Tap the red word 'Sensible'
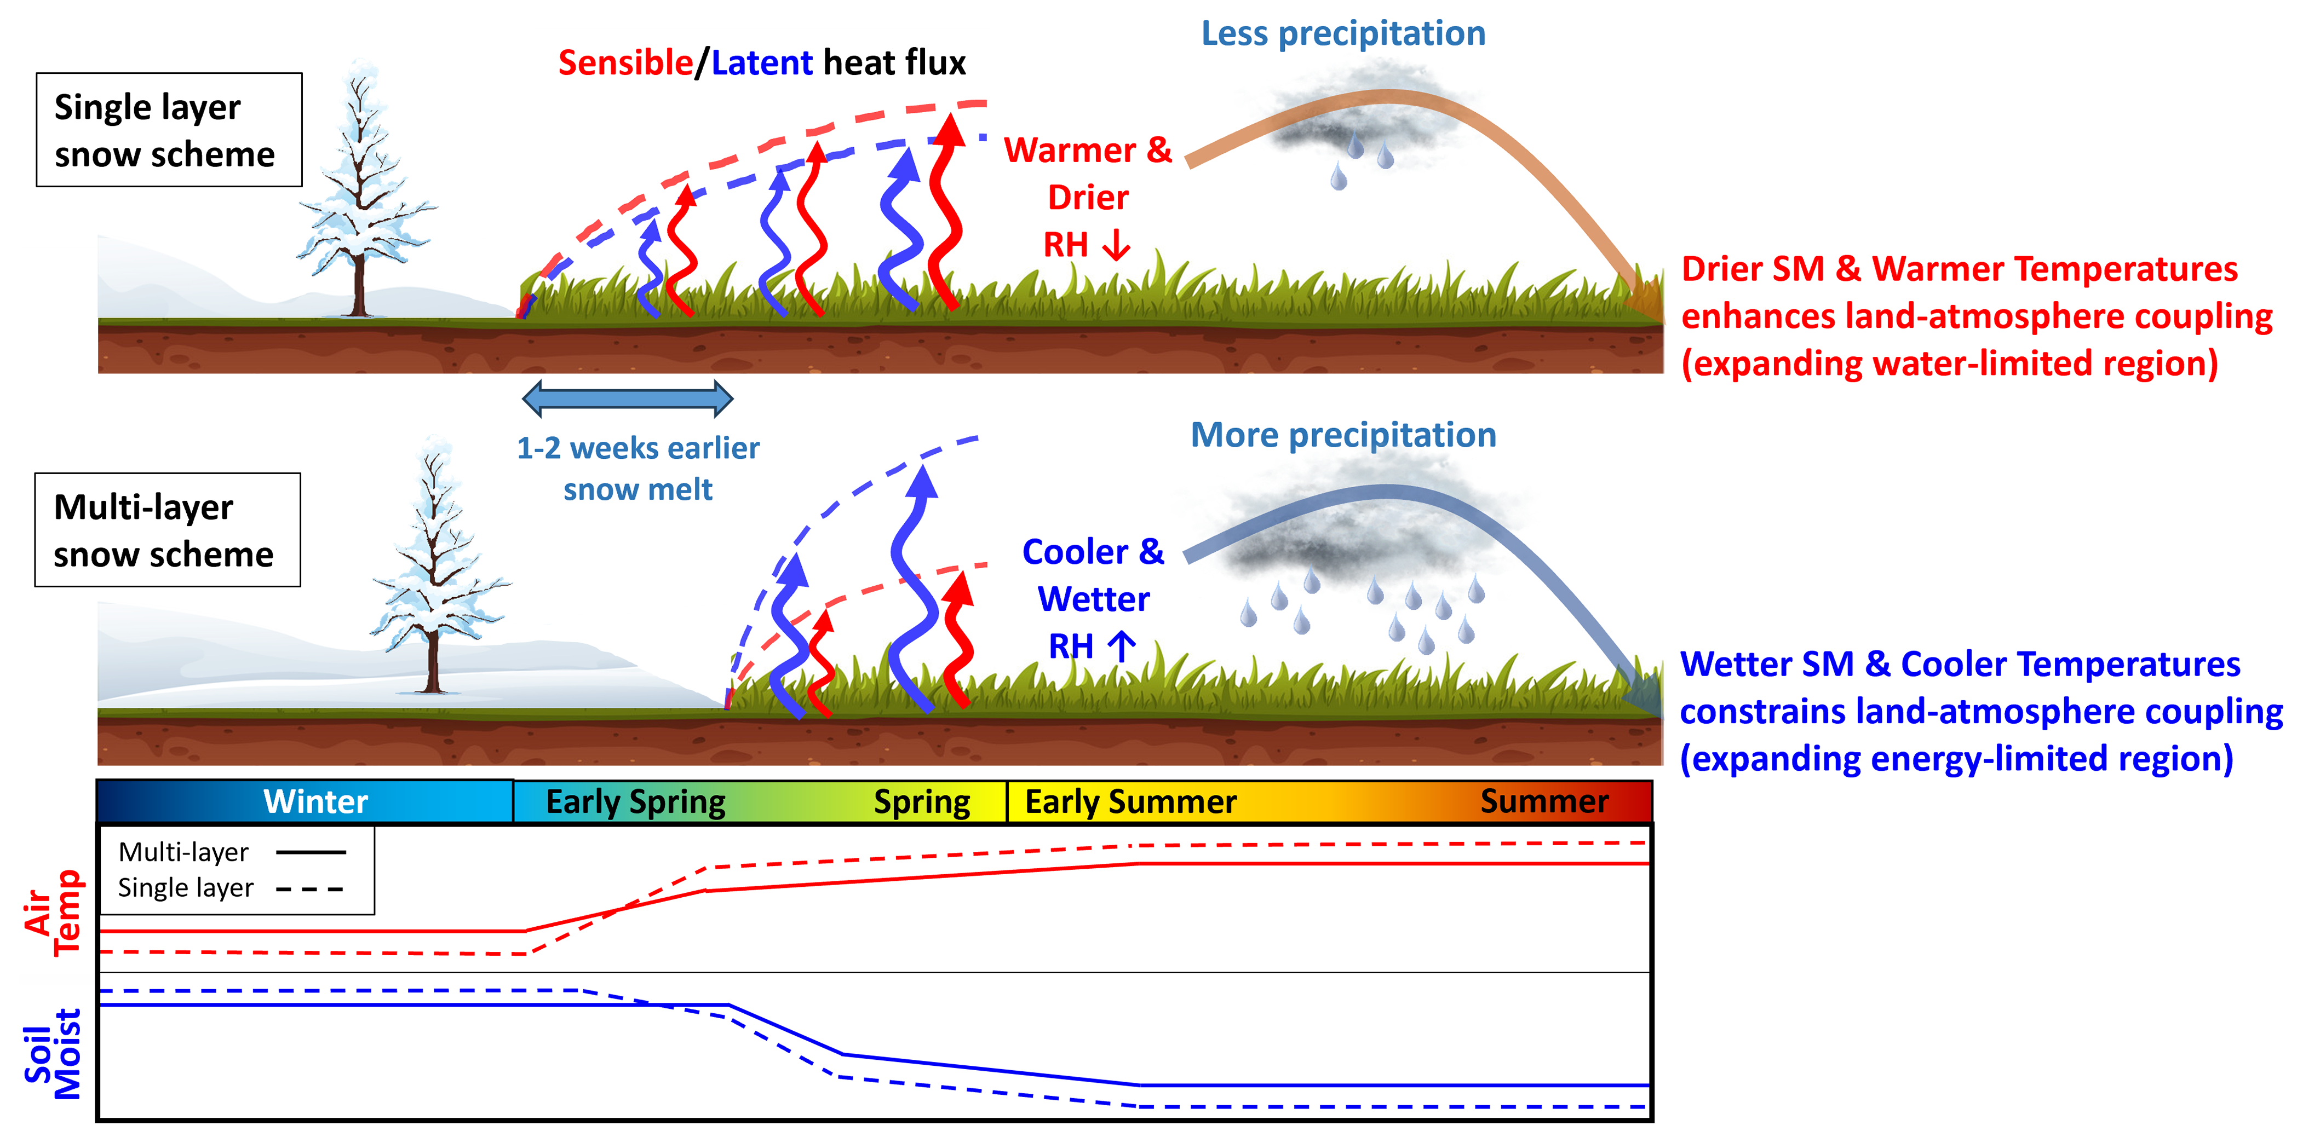(x=625, y=63)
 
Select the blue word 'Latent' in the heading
(x=762, y=63)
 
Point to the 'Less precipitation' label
(x=1343, y=34)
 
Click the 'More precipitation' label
(x=1343, y=435)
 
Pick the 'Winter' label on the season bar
(x=315, y=801)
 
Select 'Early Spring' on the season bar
(x=636, y=801)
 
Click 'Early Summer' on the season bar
(x=1130, y=801)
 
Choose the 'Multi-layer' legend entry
(x=183, y=852)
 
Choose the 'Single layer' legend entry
(x=186, y=888)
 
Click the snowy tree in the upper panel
(x=362, y=192)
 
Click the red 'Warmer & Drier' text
(x=1087, y=174)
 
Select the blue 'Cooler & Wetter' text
(x=1093, y=575)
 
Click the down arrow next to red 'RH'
(x=1117, y=244)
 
